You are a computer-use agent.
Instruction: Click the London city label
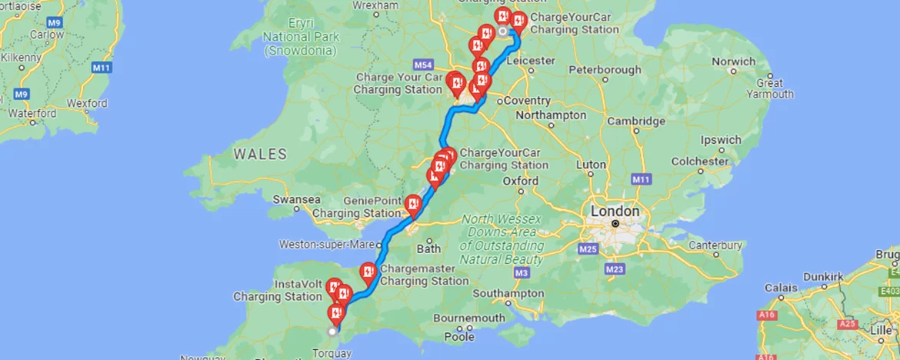pyautogui.click(x=614, y=211)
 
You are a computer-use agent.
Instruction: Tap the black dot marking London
pyautogui.click(x=615, y=224)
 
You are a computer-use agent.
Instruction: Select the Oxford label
pyautogui.click(x=520, y=181)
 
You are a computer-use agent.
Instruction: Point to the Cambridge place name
pyautogui.click(x=635, y=121)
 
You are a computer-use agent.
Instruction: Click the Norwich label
pyautogui.click(x=733, y=62)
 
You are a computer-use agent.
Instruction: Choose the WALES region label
pyautogui.click(x=260, y=155)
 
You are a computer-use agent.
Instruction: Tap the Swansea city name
pyautogui.click(x=296, y=199)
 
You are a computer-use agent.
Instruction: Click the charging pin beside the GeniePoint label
pyautogui.click(x=413, y=204)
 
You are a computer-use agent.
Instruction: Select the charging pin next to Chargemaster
pyautogui.click(x=368, y=271)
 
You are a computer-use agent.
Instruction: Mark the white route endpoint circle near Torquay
pyautogui.click(x=332, y=332)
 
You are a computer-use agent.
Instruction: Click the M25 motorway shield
pyautogui.click(x=589, y=249)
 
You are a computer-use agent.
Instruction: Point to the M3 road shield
pyautogui.click(x=522, y=273)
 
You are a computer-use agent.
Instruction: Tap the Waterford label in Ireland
pyautogui.click(x=32, y=113)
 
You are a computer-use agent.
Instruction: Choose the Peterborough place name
pyautogui.click(x=605, y=70)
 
